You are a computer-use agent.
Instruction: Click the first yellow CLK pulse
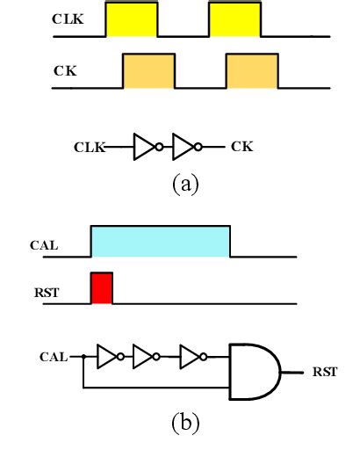pos(131,20)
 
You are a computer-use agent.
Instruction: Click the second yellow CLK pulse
pos(234,20)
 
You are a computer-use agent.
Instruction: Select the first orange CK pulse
pos(148,71)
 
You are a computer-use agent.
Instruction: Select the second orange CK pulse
pos(252,71)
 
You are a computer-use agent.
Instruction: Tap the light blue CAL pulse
pos(160,241)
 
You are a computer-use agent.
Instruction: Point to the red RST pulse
pos(102,288)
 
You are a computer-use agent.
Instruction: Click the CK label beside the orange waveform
pos(65,68)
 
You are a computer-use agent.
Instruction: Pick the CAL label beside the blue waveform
pos(44,246)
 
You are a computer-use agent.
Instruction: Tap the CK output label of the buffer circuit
pos(242,147)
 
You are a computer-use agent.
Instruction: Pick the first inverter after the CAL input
pos(109,357)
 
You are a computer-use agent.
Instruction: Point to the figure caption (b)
pos(185,423)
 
